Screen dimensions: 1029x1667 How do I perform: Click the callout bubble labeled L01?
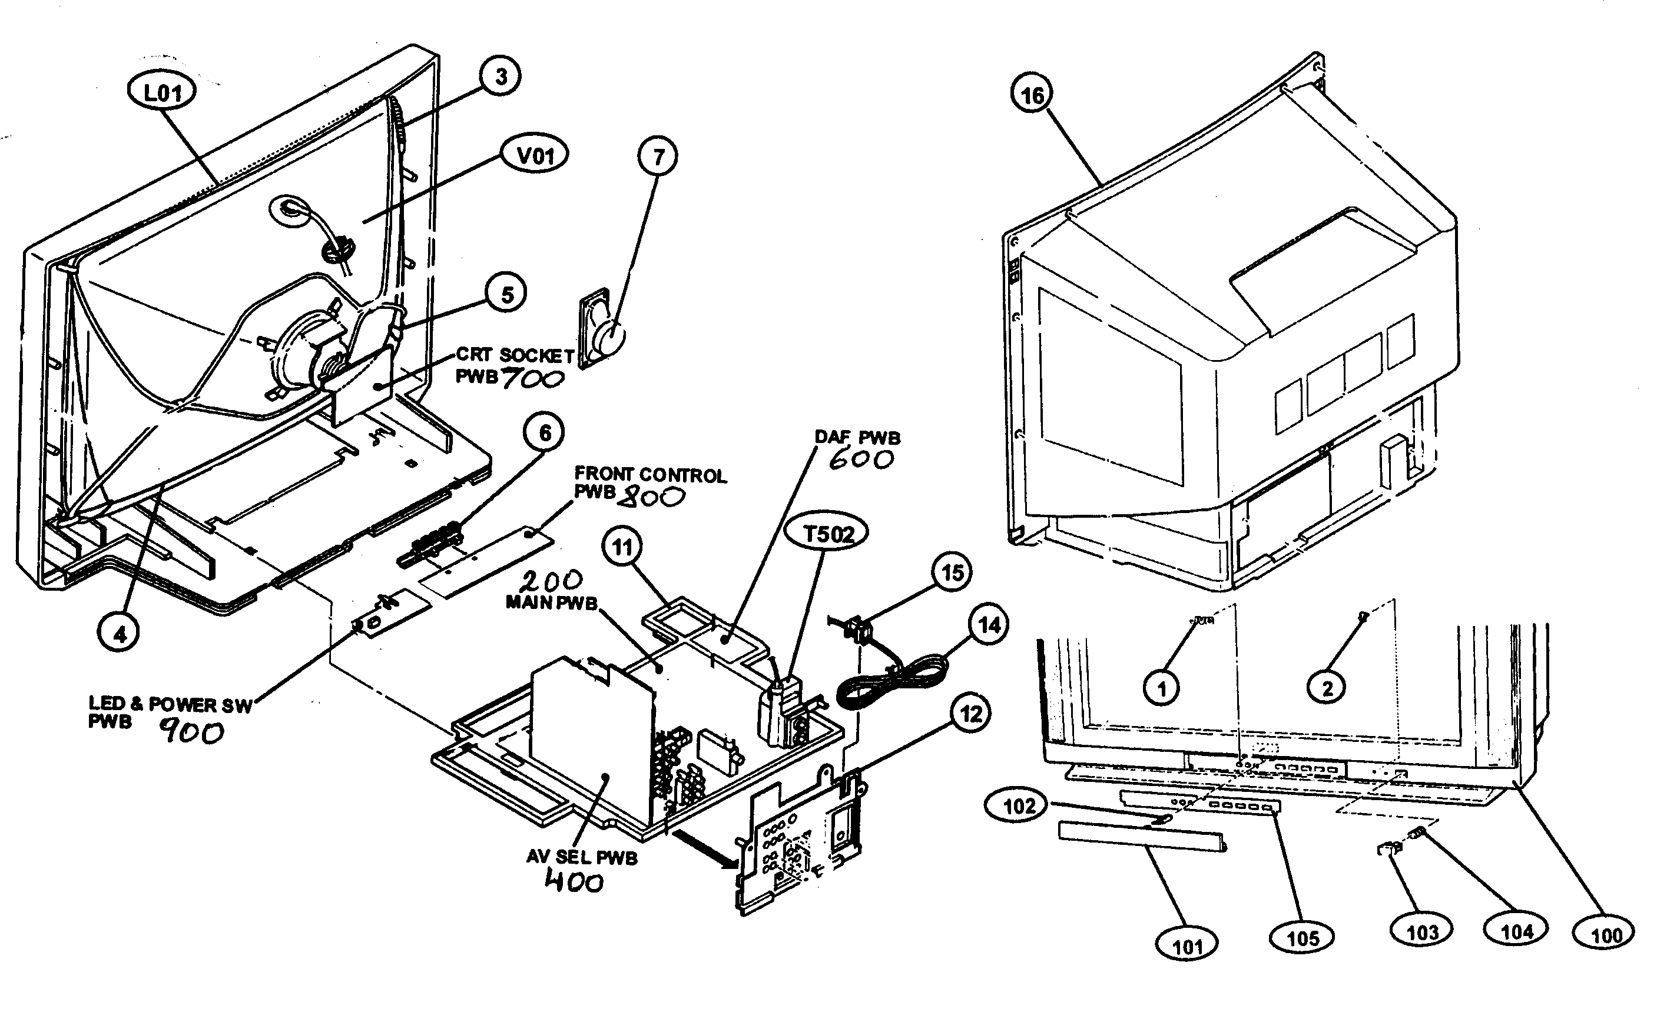click(x=162, y=92)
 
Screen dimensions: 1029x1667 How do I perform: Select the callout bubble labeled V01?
click(x=535, y=155)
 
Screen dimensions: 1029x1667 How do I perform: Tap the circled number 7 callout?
click(x=658, y=157)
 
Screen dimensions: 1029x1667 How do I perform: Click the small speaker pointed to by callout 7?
click(x=602, y=331)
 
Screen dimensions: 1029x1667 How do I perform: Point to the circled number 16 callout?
click(x=1032, y=95)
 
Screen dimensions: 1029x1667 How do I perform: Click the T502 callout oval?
click(x=828, y=534)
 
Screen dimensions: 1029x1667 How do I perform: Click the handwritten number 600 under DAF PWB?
click(x=861, y=461)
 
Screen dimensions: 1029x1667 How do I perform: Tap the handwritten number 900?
click(x=191, y=733)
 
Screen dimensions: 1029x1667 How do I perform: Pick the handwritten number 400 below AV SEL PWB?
click(x=574, y=883)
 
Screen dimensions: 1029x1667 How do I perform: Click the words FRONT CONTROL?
click(x=650, y=474)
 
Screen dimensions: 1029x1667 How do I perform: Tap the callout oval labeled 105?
click(x=1303, y=938)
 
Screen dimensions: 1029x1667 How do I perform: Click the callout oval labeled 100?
click(x=1606, y=935)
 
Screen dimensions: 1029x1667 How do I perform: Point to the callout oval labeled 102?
click(x=1019, y=806)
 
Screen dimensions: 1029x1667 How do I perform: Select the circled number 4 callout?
click(x=120, y=634)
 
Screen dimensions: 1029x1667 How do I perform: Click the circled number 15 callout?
click(x=952, y=572)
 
